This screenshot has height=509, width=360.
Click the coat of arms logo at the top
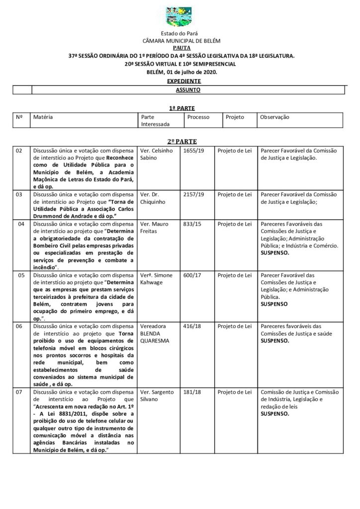pyautogui.click(x=180, y=16)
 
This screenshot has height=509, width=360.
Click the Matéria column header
pyautogui.click(x=43, y=117)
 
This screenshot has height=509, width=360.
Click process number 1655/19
pyautogui.click(x=191, y=150)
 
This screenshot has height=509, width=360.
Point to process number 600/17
pyautogui.click(x=189, y=275)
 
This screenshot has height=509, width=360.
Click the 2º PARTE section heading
pyautogui.click(x=180, y=142)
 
